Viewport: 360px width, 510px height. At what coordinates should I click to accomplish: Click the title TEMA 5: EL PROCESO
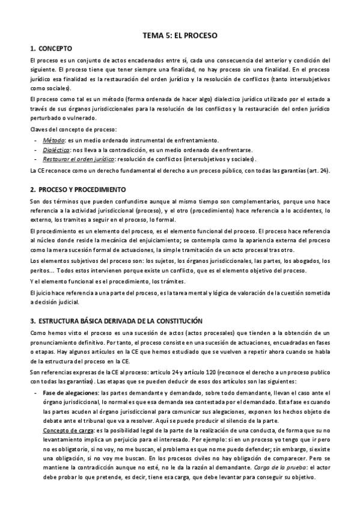click(x=180, y=36)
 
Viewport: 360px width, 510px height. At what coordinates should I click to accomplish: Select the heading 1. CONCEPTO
click(x=51, y=48)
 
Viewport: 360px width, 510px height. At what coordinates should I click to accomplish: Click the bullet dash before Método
click(x=36, y=140)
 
